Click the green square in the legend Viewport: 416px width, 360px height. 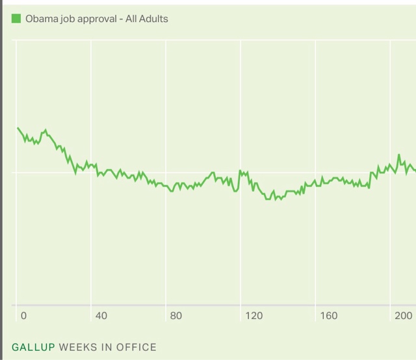coord(16,19)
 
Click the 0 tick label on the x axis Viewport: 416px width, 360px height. coord(24,316)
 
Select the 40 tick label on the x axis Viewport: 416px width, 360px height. coord(101,316)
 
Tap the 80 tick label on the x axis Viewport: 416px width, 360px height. coord(175,316)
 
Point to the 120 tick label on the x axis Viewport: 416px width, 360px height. coord(253,316)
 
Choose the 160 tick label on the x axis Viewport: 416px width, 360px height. coord(328,316)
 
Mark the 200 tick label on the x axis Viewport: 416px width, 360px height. coord(403,316)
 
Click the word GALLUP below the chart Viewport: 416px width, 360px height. coord(32,347)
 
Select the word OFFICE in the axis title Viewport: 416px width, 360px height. coord(136,347)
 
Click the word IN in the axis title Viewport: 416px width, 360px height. coord(107,347)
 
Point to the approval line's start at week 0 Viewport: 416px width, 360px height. coord(18,128)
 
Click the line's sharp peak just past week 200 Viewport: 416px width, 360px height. coord(399,155)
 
